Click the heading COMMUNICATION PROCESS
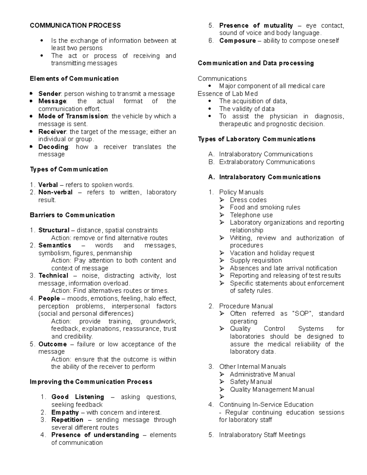[x=75, y=25]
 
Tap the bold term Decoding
[x=53, y=147]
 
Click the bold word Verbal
[x=48, y=185]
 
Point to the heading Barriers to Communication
[x=72, y=215]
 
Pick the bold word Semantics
[x=55, y=245]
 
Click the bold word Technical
[x=53, y=276]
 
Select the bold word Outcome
[x=52, y=344]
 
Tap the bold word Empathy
[x=65, y=412]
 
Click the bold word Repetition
[x=67, y=420]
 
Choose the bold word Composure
[x=237, y=41]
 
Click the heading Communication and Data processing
[x=256, y=63]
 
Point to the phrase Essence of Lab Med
[x=228, y=94]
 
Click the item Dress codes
[x=248, y=200]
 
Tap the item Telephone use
[x=251, y=215]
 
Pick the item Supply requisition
[x=256, y=260]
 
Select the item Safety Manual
[x=251, y=382]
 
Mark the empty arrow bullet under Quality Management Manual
[x=222, y=397]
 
